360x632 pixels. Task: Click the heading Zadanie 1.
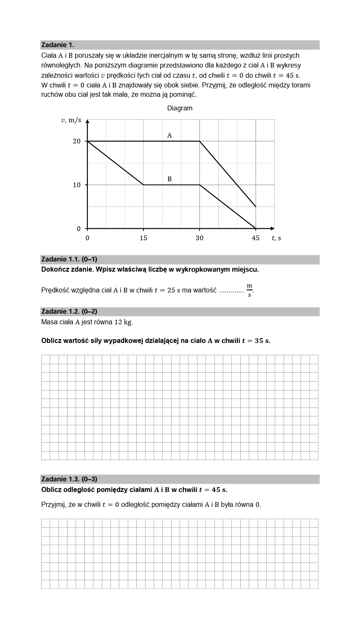(58, 45)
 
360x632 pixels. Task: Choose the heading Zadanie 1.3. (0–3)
(69, 479)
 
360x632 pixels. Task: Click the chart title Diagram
(180, 108)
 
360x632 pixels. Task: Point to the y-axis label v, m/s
(71, 121)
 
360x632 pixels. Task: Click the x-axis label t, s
(276, 238)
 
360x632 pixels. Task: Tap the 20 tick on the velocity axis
(76, 141)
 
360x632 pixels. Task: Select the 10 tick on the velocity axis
(76, 185)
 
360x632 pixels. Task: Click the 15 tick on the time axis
(143, 238)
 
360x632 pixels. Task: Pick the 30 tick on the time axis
(200, 238)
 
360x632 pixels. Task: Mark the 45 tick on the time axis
(256, 238)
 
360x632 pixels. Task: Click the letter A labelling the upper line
(169, 135)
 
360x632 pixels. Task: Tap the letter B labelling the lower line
(169, 179)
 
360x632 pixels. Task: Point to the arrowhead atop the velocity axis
(87, 121)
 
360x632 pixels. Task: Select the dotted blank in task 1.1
(231, 291)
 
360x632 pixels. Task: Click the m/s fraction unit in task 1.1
(250, 290)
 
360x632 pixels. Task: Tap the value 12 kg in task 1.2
(124, 322)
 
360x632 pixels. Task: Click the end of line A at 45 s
(256, 207)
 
